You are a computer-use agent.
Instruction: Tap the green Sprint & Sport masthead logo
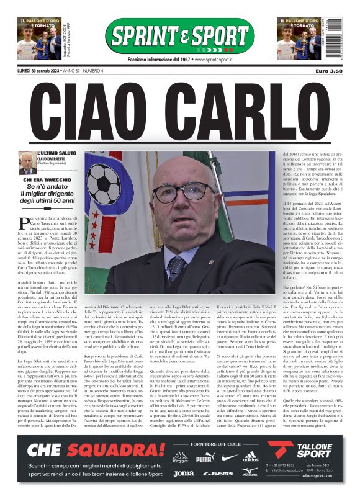coord(179,36)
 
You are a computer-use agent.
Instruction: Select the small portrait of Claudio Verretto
coord(27,163)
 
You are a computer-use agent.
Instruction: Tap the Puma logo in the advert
coord(204,458)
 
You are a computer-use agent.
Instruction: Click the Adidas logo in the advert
coord(251,457)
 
